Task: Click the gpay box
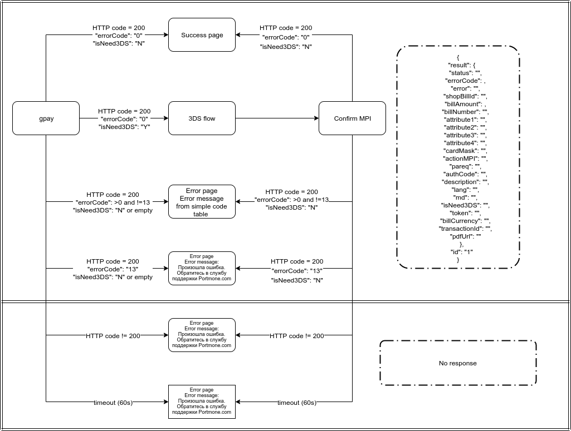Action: coord(46,118)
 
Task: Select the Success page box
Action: coord(202,35)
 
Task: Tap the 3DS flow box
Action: coord(202,118)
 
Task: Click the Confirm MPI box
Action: coord(352,118)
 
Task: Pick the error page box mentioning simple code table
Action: coord(202,202)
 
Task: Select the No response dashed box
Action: coord(458,363)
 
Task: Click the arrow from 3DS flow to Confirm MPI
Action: coord(276,118)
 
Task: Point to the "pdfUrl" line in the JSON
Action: coord(458,236)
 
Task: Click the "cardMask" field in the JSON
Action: coord(458,151)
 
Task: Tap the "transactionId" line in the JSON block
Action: coord(458,229)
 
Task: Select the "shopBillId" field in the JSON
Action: coord(458,96)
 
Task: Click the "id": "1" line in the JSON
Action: coord(458,252)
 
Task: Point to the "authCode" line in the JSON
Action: coord(458,174)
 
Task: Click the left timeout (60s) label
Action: coord(113,403)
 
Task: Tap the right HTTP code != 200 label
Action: coord(297,336)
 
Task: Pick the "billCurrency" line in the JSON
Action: coord(458,221)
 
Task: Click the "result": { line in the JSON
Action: coord(458,65)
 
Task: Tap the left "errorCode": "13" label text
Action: coord(113,269)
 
